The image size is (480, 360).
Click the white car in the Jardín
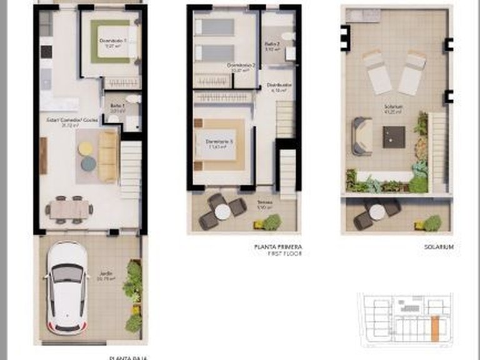pyautogui.click(x=66, y=287)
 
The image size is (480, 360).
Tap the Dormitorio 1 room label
pyautogui.click(x=113, y=42)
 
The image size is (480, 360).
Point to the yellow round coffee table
pyautogui.click(x=86, y=148)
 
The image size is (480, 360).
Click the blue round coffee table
pyautogui.click(x=88, y=164)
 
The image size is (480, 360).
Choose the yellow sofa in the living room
pyautogui.click(x=108, y=156)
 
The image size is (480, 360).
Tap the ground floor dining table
pyautogui.click(x=69, y=209)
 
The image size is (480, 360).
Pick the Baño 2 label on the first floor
pyautogui.click(x=271, y=44)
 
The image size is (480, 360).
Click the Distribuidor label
pyautogui.click(x=277, y=86)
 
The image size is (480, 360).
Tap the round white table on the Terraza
pyautogui.click(x=223, y=212)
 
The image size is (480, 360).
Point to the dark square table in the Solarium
pyautogui.click(x=394, y=136)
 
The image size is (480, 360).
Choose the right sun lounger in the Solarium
pyautogui.click(x=412, y=72)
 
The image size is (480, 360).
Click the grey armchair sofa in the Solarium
pyautogui.click(x=362, y=136)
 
